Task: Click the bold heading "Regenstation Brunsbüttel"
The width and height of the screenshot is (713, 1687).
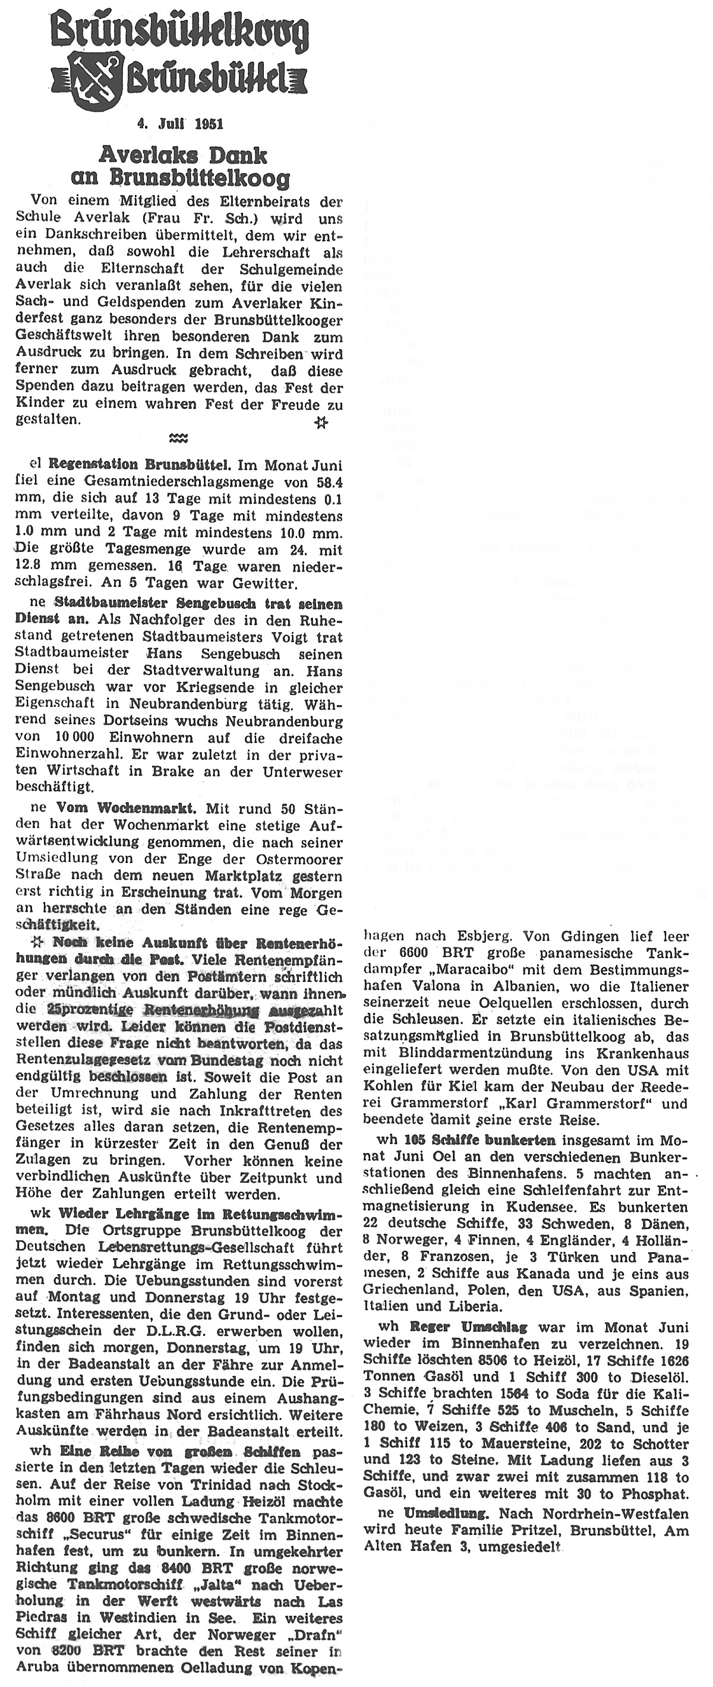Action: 140,465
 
